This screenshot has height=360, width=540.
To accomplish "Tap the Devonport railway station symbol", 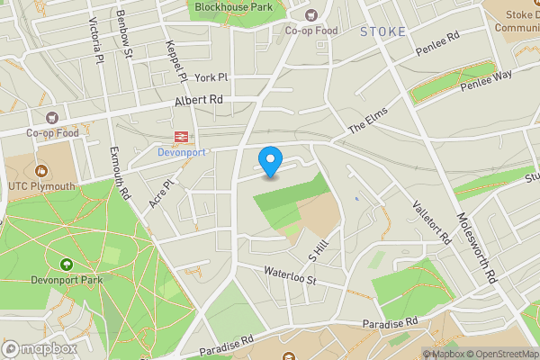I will pos(181,137).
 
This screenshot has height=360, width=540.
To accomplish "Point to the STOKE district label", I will pos(382,31).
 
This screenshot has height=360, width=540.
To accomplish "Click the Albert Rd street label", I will pos(199,100).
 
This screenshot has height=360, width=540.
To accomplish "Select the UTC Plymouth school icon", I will pos(40,170).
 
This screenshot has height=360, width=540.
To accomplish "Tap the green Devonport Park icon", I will pos(67,265).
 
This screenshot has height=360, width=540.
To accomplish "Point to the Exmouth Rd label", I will pos(121,174).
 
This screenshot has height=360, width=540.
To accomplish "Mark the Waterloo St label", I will pos(291,275).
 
